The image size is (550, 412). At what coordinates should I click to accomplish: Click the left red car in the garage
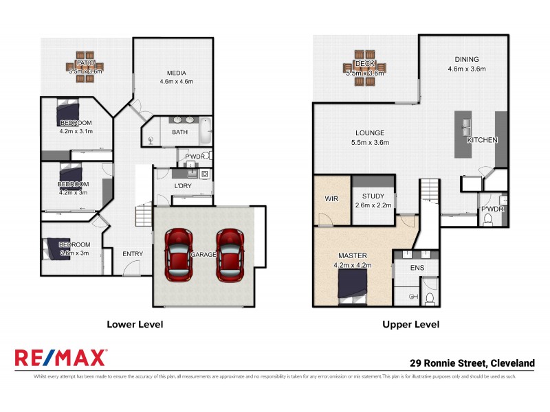tap(178, 254)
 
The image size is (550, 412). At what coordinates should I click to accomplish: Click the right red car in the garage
tap(229, 254)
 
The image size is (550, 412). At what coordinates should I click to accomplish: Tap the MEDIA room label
tap(177, 73)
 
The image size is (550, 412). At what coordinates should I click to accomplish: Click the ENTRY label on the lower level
tap(133, 254)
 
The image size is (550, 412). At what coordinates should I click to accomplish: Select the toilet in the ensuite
tap(429, 297)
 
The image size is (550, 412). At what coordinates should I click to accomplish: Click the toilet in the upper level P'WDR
tap(488, 220)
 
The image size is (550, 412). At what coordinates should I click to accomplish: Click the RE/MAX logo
tap(60, 358)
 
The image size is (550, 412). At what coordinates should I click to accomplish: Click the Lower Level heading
tap(134, 324)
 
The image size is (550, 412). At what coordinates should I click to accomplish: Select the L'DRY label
tap(182, 186)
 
